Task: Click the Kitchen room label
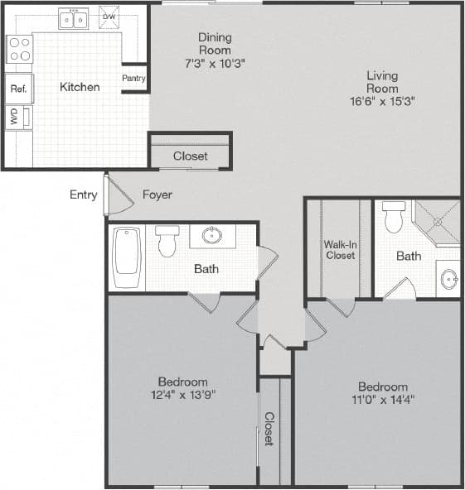[x=80, y=87]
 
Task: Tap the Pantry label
[x=133, y=79]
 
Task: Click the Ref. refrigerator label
[x=17, y=88]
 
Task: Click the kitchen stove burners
[x=20, y=49]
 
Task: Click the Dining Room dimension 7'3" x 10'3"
[x=215, y=63]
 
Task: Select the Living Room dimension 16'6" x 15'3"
[x=382, y=101]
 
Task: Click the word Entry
[x=83, y=195]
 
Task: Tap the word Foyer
[x=157, y=195]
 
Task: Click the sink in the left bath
[x=212, y=236]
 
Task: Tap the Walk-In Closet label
[x=340, y=249]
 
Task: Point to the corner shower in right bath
[x=437, y=220]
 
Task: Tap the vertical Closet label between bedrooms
[x=269, y=429]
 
